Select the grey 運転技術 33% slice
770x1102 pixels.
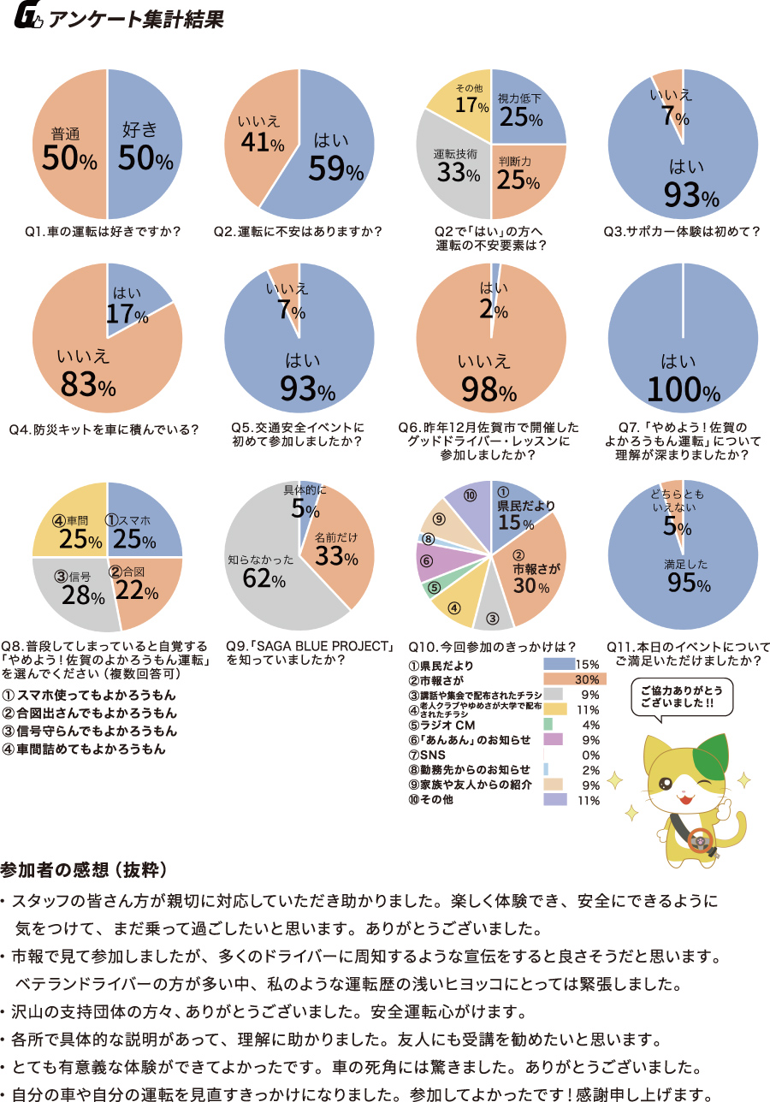pos(453,167)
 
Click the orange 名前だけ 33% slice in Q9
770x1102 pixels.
pos(338,548)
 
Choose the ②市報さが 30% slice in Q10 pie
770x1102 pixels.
pos(535,569)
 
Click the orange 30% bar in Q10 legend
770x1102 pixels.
pos(575,678)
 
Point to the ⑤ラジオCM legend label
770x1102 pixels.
pos(446,725)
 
